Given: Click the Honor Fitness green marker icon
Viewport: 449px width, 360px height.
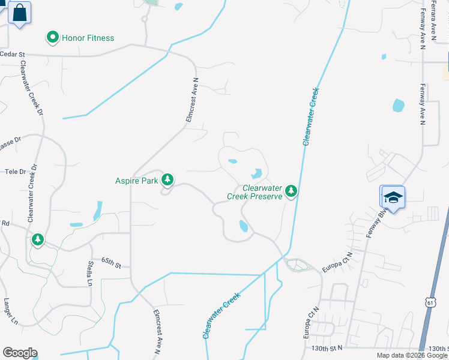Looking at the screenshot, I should click(53, 38).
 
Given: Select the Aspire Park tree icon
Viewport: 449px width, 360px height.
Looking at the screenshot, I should click(167, 179).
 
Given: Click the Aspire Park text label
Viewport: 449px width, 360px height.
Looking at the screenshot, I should click(136, 180).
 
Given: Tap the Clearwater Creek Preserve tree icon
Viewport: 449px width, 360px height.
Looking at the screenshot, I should click(291, 190).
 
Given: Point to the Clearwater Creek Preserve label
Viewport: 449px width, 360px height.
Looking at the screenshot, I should click(255, 192).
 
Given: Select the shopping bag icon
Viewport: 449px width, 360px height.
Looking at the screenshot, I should click(20, 13).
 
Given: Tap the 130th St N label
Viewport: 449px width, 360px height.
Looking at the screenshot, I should click(327, 348).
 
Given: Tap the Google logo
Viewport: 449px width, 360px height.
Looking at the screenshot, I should click(20, 353).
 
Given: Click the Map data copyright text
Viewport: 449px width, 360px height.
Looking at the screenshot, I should click(412, 355).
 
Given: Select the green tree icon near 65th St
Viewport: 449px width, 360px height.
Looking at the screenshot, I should click(38, 240).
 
